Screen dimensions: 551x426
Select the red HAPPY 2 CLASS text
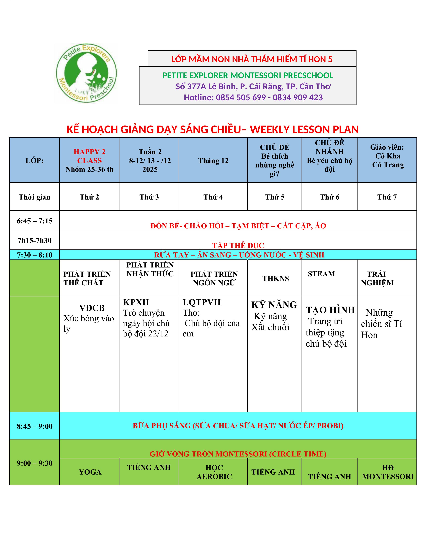pyautogui.click(x=89, y=156)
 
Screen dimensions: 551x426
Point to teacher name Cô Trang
pyautogui.click(x=388, y=165)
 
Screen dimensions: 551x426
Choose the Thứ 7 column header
pyautogui.click(x=387, y=197)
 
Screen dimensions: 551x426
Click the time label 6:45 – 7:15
pyautogui.click(x=35, y=221)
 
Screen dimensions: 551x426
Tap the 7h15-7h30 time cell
pyautogui.click(x=35, y=240)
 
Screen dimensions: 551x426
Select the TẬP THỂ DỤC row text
pyautogui.click(x=238, y=245)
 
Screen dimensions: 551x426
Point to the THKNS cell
pyautogui.click(x=276, y=279)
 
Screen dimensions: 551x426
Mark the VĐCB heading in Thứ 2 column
pyautogui.click(x=92, y=308)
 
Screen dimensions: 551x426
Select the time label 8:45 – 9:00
pyautogui.click(x=35, y=426)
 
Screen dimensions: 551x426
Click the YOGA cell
pyautogui.click(x=90, y=472)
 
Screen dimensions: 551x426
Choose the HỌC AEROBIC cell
pyautogui.click(x=214, y=472)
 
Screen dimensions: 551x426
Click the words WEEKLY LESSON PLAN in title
pyautogui.click(x=304, y=130)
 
